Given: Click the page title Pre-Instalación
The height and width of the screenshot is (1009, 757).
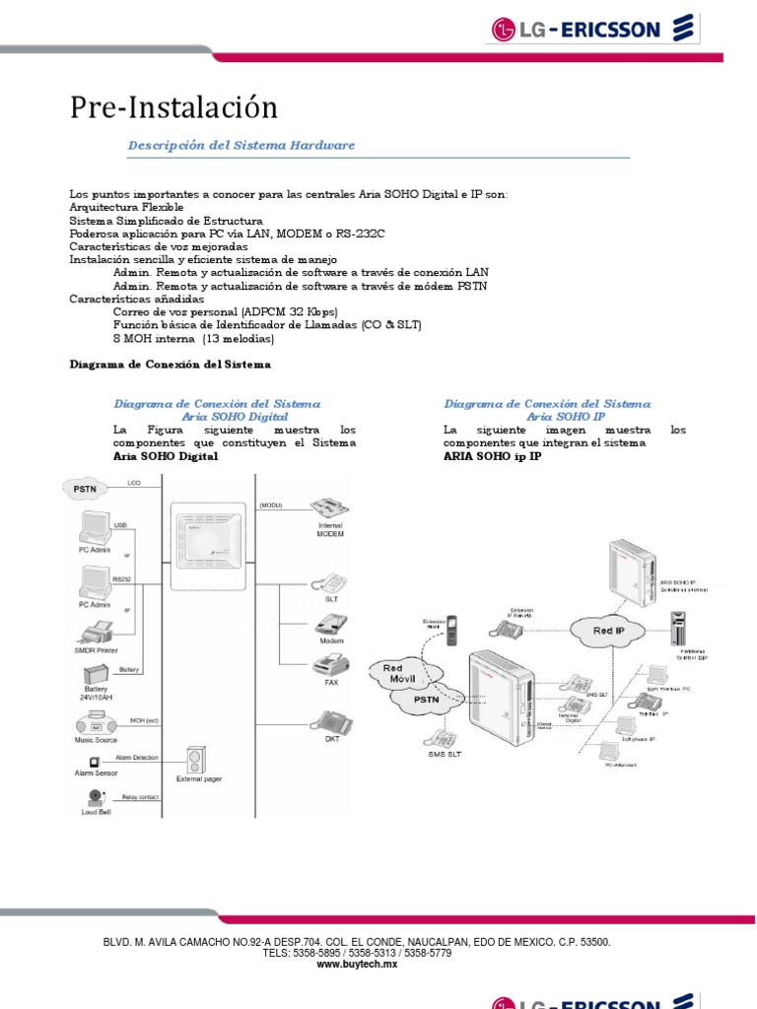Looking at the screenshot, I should pos(173,107).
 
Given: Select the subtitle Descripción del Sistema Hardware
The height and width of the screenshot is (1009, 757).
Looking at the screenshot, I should pos(241,145).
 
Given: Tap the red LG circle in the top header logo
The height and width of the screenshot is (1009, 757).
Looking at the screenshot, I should pos(505,31).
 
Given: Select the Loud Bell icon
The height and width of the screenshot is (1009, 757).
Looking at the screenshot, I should pos(96,797).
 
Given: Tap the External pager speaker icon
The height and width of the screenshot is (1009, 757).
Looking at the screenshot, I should pos(199,760).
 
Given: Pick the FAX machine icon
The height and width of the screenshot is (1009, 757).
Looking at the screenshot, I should pos(331,663).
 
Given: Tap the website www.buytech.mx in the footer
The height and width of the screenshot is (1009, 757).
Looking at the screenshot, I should pos(356,966).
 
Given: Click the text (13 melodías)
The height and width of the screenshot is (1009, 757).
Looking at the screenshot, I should pos(239,338).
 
